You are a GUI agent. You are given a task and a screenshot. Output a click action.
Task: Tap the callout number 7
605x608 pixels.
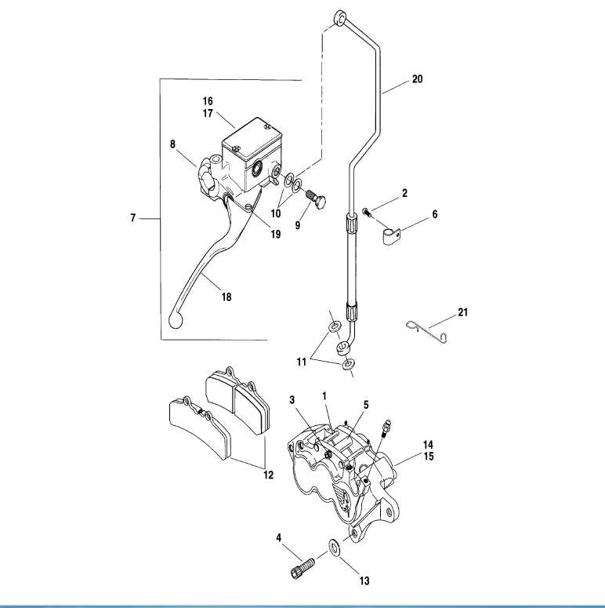(133, 217)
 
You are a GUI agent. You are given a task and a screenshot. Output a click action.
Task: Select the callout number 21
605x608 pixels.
(462, 312)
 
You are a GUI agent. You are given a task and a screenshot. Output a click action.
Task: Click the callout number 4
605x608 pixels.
(278, 537)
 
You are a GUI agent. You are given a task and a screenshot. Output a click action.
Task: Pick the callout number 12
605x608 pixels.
(269, 475)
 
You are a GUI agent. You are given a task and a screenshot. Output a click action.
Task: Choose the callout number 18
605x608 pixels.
(226, 297)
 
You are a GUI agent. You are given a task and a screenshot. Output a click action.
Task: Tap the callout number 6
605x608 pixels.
(435, 214)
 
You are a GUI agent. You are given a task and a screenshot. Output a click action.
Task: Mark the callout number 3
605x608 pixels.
(292, 400)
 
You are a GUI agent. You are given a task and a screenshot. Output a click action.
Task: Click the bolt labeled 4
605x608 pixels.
(303, 565)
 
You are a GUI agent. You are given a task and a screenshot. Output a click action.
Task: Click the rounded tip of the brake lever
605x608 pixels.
(175, 319)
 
